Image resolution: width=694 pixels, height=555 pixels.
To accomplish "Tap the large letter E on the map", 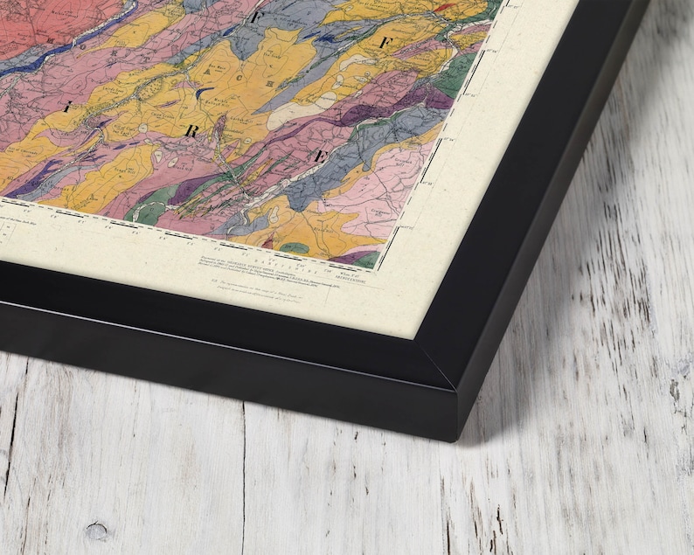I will point(321,156).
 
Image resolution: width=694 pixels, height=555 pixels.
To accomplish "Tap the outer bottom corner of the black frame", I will point(455,437).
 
